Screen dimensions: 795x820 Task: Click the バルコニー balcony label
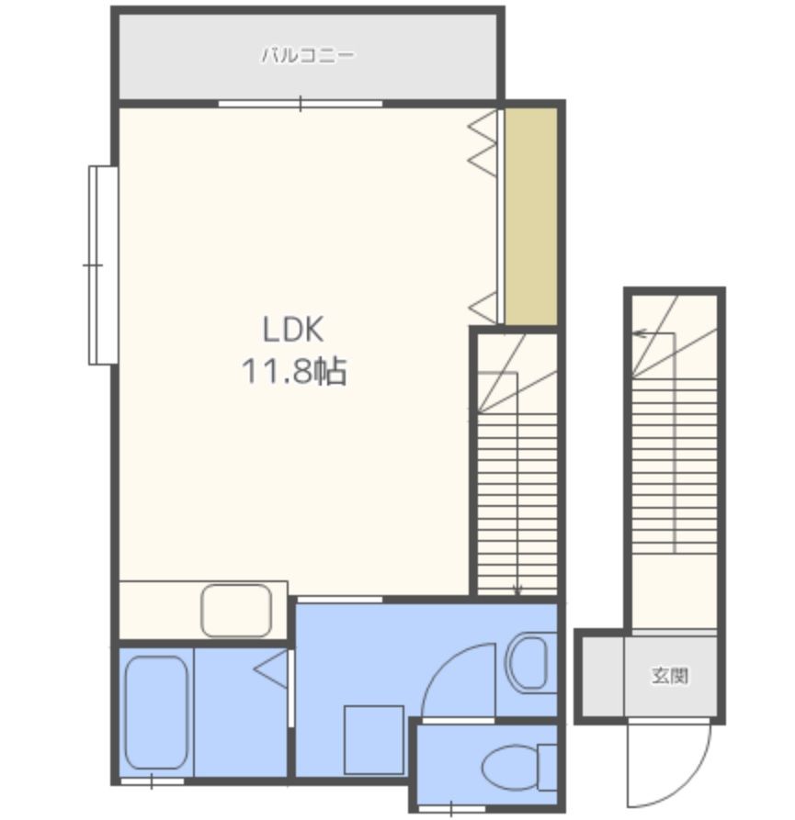[308, 55]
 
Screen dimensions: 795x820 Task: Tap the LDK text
[292, 330]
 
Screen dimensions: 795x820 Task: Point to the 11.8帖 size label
[293, 371]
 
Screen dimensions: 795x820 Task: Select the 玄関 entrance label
[670, 676]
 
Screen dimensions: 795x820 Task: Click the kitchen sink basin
[236, 611]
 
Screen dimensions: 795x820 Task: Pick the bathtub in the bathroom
[156, 713]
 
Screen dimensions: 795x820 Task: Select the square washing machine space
[374, 740]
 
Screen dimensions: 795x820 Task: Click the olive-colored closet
[530, 216]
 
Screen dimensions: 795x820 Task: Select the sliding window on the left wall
[103, 265]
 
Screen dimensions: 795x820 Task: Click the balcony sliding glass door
[301, 104]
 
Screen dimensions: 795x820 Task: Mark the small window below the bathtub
[153, 781]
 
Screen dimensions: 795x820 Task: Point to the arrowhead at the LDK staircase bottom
[517, 590]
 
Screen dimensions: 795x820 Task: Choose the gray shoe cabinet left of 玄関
[603, 676]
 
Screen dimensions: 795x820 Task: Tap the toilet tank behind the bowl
[548, 768]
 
